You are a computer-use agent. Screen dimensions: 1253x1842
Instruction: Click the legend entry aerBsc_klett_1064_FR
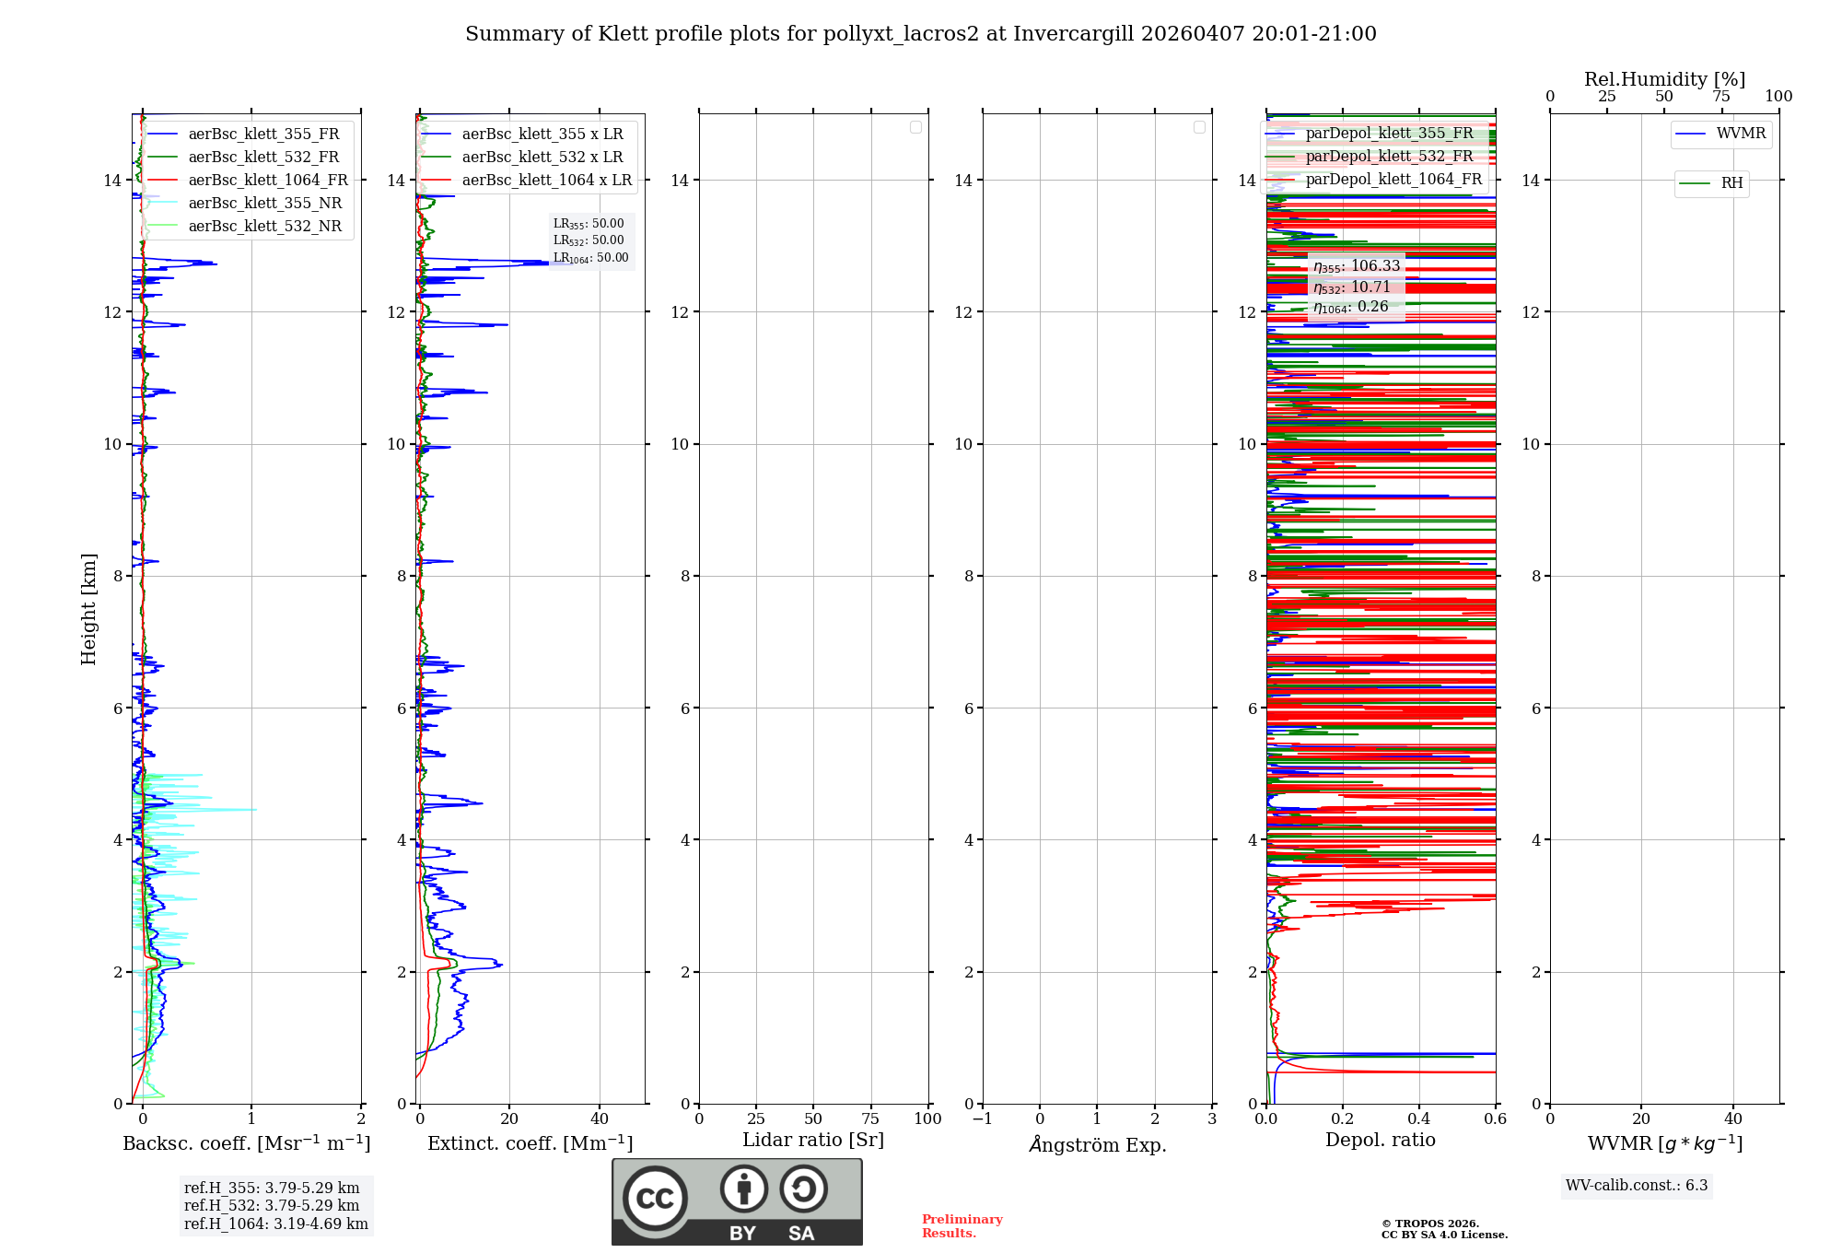click(267, 181)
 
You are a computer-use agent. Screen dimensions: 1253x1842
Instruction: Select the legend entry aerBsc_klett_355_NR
click(264, 204)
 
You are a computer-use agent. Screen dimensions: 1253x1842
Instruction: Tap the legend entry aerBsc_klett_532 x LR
click(542, 158)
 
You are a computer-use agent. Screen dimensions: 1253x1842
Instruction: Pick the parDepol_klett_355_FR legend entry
click(1389, 134)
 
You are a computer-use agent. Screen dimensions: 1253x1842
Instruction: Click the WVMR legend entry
click(1741, 134)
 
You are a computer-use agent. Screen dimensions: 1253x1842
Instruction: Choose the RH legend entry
click(1731, 183)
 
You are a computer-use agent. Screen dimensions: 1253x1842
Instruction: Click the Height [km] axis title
click(88, 609)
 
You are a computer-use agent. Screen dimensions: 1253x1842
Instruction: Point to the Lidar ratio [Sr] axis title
click(813, 1141)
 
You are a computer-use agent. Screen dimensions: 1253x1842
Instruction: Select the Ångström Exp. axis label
click(1097, 1145)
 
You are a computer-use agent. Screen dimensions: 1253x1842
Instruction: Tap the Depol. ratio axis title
click(1380, 1141)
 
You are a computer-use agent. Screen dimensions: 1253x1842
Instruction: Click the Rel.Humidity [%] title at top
click(1664, 79)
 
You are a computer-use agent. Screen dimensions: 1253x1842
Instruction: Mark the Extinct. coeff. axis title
click(530, 1143)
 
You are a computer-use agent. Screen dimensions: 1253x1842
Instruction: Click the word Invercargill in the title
click(1074, 34)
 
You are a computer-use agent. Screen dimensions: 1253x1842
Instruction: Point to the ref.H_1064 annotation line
click(275, 1224)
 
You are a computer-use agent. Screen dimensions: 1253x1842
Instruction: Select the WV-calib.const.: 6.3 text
click(1637, 1186)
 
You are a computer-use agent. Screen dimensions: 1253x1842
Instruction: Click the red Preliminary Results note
click(962, 1226)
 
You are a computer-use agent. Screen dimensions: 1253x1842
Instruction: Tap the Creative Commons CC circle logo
click(655, 1199)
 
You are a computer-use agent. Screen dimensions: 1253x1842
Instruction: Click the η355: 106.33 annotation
click(1357, 266)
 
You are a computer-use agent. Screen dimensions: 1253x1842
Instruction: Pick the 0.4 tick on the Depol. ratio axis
click(1419, 1119)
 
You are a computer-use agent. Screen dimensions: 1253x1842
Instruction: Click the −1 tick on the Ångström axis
click(982, 1119)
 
